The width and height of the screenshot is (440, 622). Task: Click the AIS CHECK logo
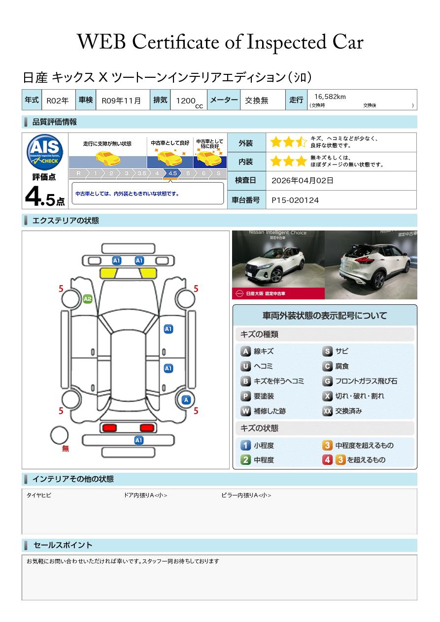point(45,152)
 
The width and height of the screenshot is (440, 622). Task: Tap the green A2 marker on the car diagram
point(88,299)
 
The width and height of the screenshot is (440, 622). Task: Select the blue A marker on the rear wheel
point(186,400)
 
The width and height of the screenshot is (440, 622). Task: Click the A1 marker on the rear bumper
point(138,440)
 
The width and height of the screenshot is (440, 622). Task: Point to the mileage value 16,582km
point(330,97)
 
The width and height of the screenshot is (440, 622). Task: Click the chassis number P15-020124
point(295,200)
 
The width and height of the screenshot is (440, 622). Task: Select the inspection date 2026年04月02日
point(302,180)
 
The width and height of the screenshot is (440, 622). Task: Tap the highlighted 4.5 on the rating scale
point(172,173)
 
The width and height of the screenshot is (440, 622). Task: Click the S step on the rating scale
point(219,173)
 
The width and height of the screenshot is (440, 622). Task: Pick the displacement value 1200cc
point(189,101)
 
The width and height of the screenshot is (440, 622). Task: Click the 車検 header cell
point(86,99)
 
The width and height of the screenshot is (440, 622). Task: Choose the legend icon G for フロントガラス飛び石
point(328,381)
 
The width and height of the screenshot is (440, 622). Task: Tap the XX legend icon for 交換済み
point(328,411)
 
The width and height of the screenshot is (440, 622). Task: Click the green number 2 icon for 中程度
point(245,460)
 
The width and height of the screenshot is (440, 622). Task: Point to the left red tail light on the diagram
point(109,427)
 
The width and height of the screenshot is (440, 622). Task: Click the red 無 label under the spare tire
point(65,448)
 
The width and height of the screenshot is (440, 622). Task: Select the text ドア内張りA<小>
point(145,495)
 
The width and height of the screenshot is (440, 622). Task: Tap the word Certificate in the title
point(175,42)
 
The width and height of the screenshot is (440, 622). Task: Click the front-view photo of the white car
point(278,265)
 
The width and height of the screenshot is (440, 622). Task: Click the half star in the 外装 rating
point(301,142)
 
